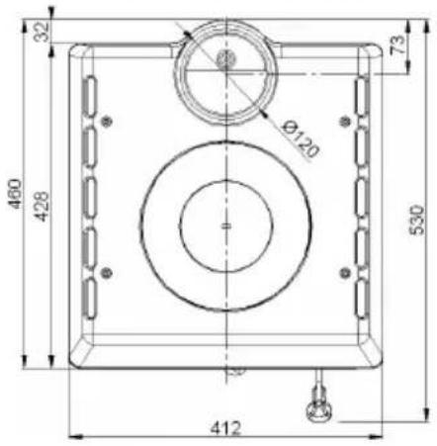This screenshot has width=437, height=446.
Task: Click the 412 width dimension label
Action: pyautogui.click(x=226, y=428)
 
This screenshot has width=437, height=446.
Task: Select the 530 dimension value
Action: pyautogui.click(x=417, y=221)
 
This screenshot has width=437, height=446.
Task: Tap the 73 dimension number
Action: pyautogui.click(x=398, y=45)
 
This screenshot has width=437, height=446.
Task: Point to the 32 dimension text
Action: pyautogui.click(x=43, y=32)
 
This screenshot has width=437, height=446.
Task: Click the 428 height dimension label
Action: pyautogui.click(x=43, y=207)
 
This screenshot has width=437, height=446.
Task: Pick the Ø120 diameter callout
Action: pyautogui.click(x=301, y=139)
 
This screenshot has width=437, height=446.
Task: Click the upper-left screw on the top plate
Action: pyautogui.click(x=106, y=122)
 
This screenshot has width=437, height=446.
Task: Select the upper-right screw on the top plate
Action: pyautogui.click(x=345, y=122)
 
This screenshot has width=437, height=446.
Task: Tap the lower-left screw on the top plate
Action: pyautogui.click(x=106, y=273)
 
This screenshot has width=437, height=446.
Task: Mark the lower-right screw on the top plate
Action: pyautogui.click(x=345, y=273)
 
